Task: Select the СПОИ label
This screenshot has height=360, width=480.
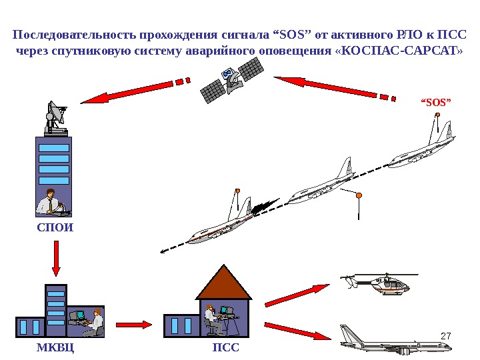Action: (x=55, y=227)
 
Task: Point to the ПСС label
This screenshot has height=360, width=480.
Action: (x=225, y=347)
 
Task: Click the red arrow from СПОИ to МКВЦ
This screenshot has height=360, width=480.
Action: (x=56, y=257)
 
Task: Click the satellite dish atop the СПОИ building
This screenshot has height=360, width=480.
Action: (x=55, y=117)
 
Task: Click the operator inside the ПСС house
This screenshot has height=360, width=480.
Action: (x=212, y=320)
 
